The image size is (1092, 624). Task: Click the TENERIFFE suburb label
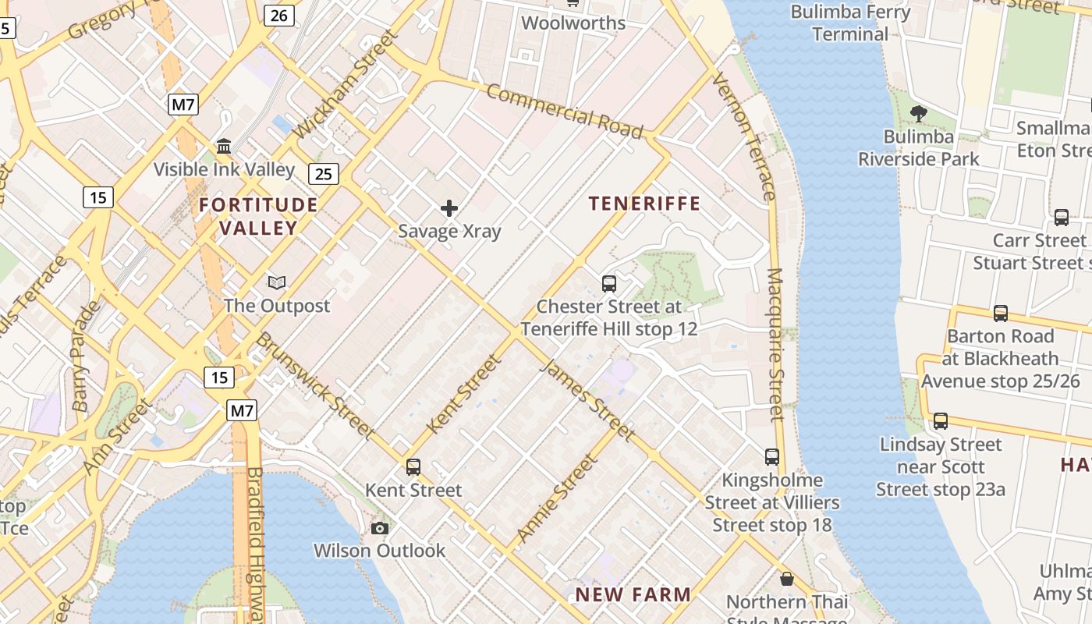[x=644, y=204]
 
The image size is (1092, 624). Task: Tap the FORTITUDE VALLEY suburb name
[x=258, y=216]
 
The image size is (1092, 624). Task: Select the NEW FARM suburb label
[x=633, y=594]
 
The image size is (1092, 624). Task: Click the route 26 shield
[x=278, y=15]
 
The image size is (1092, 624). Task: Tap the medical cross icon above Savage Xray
[x=449, y=208]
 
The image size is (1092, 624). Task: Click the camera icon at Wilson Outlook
[x=380, y=528]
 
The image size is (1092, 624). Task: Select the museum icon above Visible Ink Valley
[x=225, y=146]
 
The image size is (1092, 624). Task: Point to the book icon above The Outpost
[x=277, y=282]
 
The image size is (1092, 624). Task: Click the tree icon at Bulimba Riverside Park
[x=919, y=114]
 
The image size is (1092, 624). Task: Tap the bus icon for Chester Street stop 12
[x=609, y=284]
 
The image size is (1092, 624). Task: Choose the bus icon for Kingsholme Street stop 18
[x=772, y=456]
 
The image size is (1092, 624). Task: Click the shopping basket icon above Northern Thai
[x=787, y=579]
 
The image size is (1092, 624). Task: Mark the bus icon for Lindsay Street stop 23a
[x=941, y=421]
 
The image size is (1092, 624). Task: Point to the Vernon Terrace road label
[x=744, y=136]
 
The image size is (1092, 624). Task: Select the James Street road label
[x=587, y=400]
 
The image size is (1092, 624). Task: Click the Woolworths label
[x=573, y=23]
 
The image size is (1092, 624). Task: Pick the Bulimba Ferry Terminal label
[x=850, y=23]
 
